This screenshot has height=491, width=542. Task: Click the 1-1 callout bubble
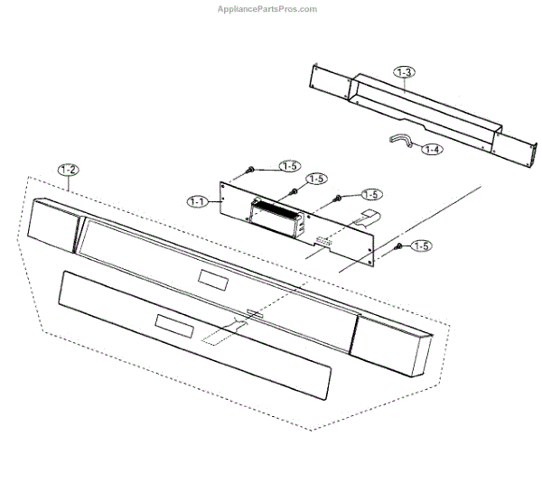pyautogui.click(x=199, y=201)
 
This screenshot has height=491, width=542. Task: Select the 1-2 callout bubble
pyautogui.click(x=68, y=170)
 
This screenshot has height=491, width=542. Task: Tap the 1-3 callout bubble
pyautogui.click(x=404, y=70)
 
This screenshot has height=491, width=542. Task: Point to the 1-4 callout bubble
pyautogui.click(x=432, y=149)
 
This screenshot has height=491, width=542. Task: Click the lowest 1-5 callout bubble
pyautogui.click(x=421, y=245)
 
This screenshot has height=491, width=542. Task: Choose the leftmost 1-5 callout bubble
pyautogui.click(x=290, y=166)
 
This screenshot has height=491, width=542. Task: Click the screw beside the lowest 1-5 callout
pyautogui.click(x=398, y=245)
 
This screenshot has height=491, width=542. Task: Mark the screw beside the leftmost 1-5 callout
pyautogui.click(x=249, y=170)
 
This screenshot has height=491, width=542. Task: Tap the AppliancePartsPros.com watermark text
pyautogui.click(x=267, y=9)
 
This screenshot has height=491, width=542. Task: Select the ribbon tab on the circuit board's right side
pyautogui.click(x=367, y=214)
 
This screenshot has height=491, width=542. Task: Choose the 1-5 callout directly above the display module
pyautogui.click(x=314, y=179)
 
